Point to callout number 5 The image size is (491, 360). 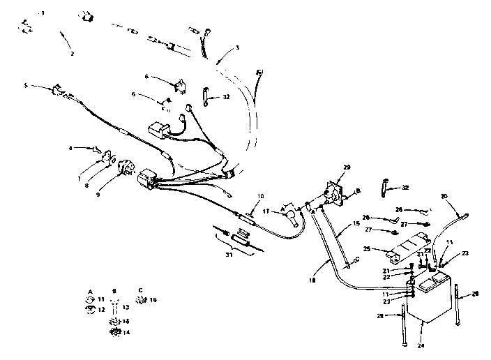point(27,87)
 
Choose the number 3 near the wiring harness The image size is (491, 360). point(238,47)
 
